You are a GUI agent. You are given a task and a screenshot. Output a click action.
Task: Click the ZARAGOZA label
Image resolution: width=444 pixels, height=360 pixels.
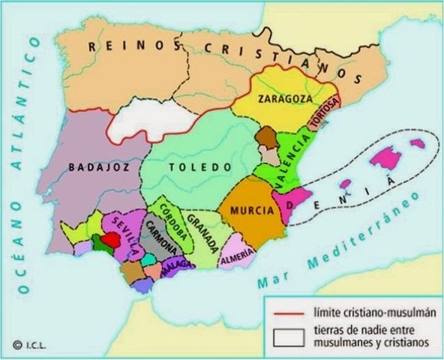tap(280, 99)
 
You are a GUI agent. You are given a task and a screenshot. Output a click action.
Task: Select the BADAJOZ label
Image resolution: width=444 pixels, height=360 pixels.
tap(94, 168)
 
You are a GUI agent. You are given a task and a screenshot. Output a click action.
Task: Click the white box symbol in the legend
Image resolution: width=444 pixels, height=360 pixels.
tap(286, 336)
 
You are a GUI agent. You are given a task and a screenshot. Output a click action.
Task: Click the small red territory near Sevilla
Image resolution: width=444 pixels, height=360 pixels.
tap(109, 239)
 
